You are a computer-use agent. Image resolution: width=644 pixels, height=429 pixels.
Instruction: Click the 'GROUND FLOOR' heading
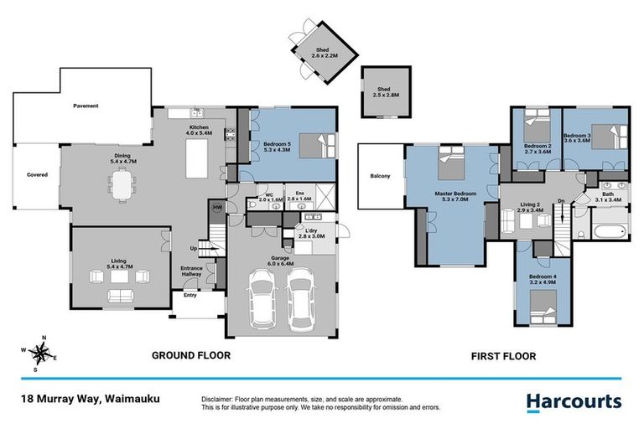pos(190,355)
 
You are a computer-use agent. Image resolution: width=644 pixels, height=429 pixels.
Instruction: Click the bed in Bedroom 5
pos(316,146)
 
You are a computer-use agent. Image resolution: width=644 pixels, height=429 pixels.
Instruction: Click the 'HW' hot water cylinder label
pos(217,208)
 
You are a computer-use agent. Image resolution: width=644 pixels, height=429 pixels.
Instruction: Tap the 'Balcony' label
pos(379,177)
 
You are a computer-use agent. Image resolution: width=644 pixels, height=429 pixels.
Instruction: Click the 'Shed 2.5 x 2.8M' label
pos(383,91)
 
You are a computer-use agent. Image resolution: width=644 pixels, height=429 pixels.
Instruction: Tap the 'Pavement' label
pos(86,106)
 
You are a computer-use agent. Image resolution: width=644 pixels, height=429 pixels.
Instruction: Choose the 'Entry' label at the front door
pos(190,295)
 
